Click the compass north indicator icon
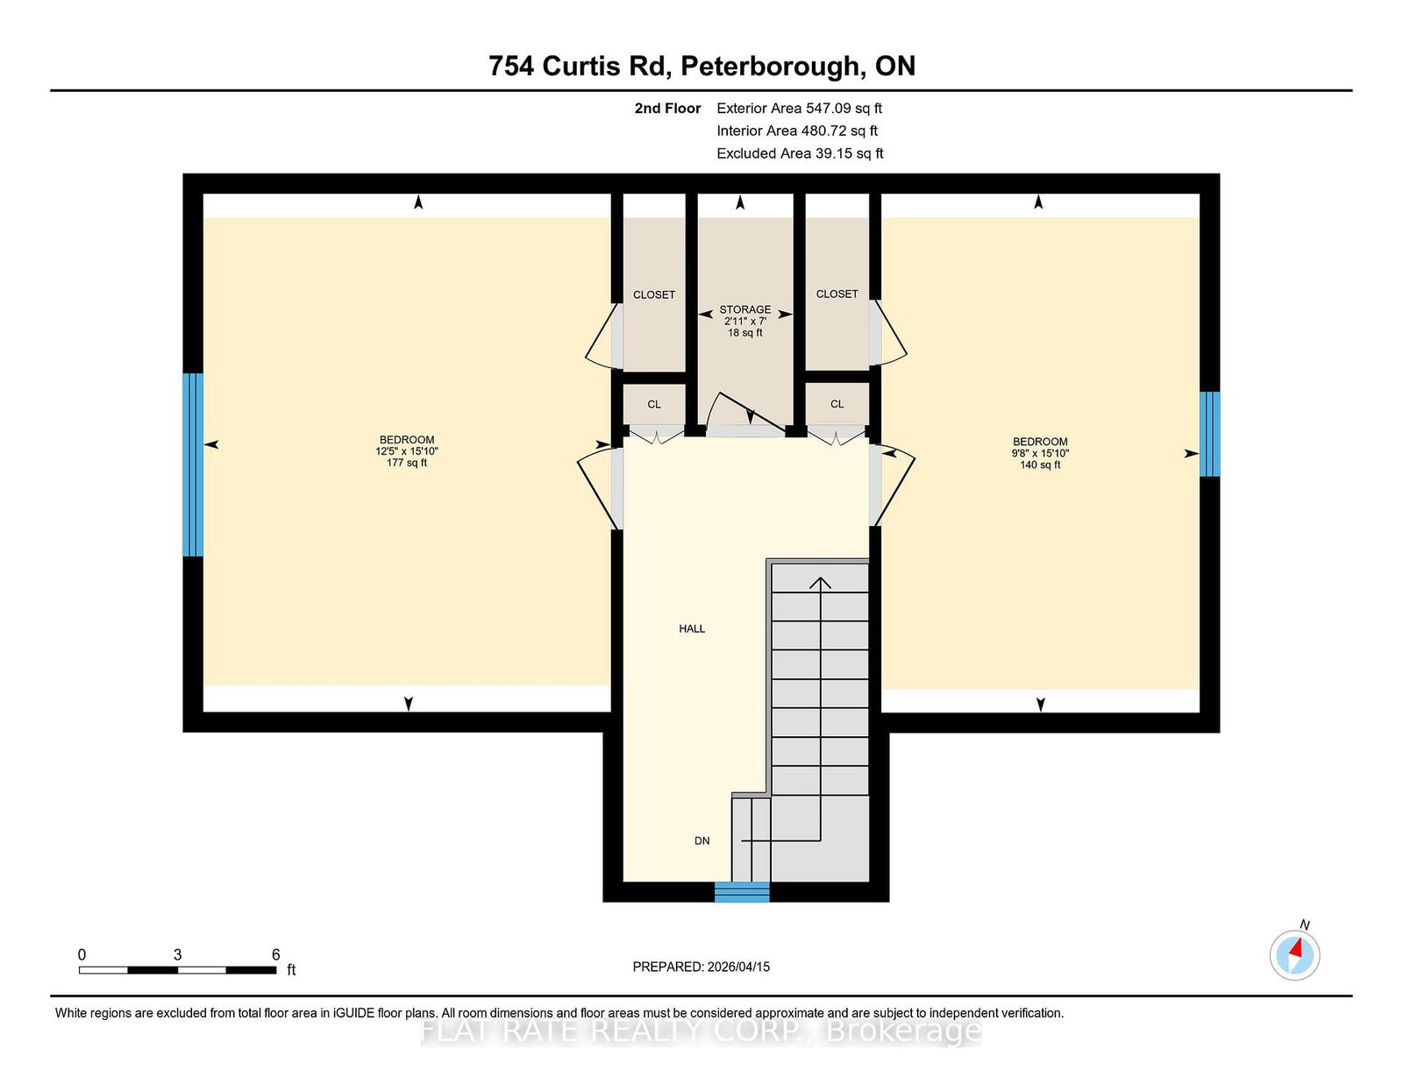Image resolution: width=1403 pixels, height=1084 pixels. coord(1294,954)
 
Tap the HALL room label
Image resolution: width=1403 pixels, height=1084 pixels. coord(692,628)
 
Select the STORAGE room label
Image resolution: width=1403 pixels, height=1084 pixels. coord(745,309)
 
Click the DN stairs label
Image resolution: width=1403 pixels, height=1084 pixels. coord(701,840)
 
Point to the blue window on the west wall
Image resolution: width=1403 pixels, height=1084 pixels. coord(193,464)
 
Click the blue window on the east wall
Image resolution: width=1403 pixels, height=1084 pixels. coord(1209,434)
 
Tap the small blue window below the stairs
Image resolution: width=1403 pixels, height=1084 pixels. coord(742,892)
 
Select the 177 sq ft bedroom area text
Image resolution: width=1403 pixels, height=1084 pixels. coord(407,463)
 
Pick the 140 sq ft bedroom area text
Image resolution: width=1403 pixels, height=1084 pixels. coord(1040,464)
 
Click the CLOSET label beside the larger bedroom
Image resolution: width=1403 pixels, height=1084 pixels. coord(654,294)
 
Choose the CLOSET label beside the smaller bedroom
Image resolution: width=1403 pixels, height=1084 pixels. coord(837,294)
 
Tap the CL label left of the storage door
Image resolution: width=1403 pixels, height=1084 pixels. coord(654,404)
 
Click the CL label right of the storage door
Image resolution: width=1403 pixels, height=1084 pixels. coord(837,404)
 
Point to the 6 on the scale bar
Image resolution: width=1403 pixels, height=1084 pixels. coord(275,954)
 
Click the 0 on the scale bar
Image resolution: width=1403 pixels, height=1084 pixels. coord(82,954)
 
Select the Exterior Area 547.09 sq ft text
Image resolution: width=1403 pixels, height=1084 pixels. coord(799,108)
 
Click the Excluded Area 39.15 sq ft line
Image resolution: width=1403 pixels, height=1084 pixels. coord(800,153)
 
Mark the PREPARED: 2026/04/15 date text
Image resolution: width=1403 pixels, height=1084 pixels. coord(701,967)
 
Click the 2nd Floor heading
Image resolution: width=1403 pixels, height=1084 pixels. coord(667,108)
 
